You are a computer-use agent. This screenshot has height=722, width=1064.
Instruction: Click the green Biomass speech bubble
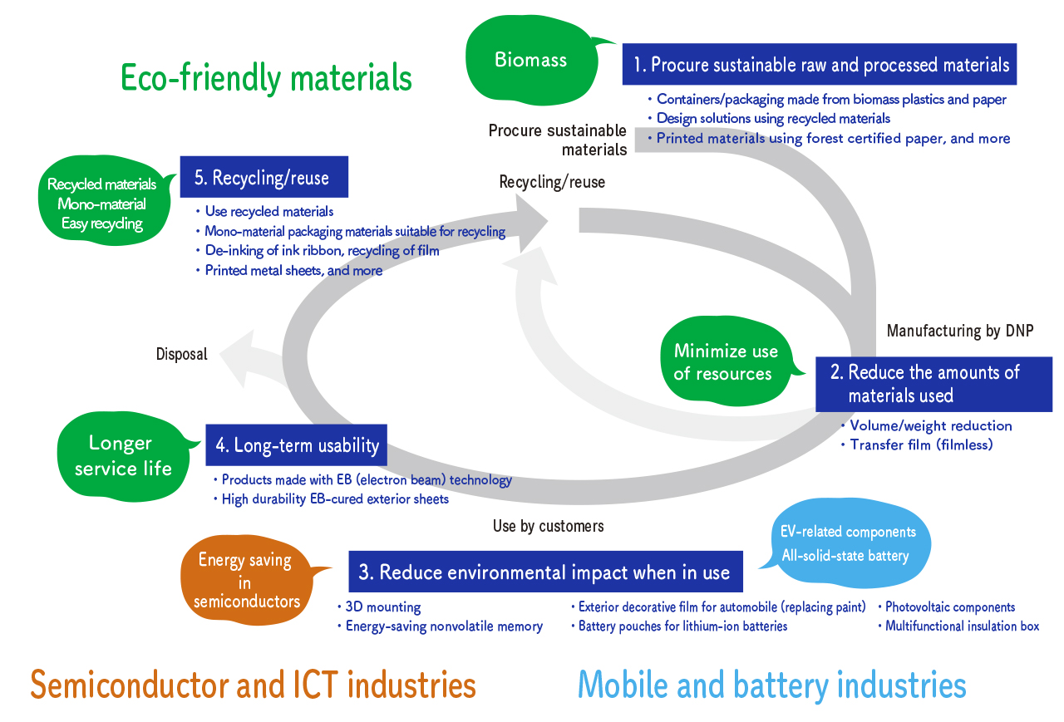(530, 60)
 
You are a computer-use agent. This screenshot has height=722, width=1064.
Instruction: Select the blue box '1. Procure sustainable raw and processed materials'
(819, 65)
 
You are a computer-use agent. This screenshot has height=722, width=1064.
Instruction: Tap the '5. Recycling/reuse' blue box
(264, 178)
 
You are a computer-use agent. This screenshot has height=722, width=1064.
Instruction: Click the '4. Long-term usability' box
(297, 446)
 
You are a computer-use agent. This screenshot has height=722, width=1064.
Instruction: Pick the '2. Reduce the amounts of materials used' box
(933, 384)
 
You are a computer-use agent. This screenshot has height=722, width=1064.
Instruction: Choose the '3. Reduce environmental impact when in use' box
(545, 572)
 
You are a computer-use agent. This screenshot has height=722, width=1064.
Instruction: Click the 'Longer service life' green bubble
(121, 455)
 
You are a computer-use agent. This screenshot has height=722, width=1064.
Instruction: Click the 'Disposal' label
(181, 355)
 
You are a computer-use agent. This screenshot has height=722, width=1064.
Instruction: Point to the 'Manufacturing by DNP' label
(959, 331)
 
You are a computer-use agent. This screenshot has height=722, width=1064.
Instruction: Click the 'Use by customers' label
(548, 526)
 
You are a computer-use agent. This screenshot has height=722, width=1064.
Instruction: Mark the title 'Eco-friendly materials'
(266, 78)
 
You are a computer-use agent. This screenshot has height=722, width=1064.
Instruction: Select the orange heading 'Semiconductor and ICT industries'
(253, 685)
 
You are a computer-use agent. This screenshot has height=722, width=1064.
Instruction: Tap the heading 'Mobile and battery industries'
(771, 685)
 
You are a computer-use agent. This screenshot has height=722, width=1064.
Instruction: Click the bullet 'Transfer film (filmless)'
(921, 444)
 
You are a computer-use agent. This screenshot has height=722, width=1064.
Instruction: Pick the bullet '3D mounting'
(383, 607)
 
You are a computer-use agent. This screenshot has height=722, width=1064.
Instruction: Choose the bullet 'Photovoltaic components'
(949, 607)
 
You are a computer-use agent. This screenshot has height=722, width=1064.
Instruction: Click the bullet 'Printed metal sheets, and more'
(293, 271)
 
